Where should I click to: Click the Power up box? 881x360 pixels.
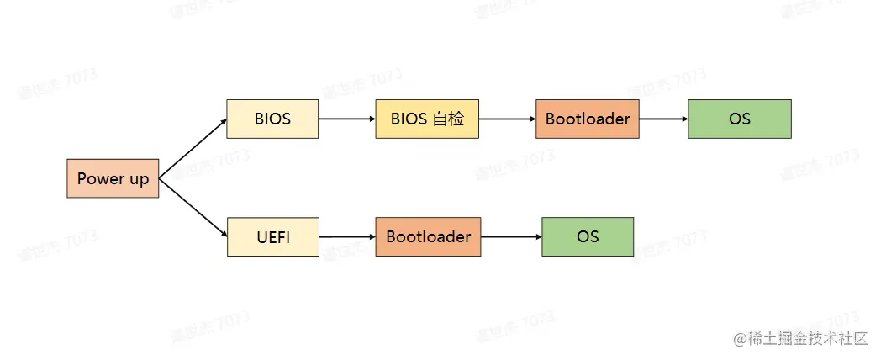(113, 178)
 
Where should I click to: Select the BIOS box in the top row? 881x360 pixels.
(272, 119)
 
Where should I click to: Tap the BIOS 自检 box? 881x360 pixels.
(427, 119)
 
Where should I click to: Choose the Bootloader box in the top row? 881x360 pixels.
(587, 119)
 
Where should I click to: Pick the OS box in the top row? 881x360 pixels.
(740, 119)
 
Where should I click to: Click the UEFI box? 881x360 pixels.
(273, 236)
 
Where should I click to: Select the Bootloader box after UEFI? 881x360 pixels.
(428, 236)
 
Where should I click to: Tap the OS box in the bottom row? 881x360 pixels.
(588, 236)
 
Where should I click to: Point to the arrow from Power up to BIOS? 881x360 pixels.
(193, 148)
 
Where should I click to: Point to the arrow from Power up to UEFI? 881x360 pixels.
(193, 208)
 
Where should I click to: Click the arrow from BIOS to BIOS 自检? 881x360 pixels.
(346, 119)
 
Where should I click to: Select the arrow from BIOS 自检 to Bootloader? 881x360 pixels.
(506, 119)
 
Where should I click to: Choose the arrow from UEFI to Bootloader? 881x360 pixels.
(346, 236)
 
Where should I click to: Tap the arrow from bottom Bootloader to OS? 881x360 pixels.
(510, 236)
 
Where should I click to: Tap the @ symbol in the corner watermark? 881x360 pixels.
(740, 339)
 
